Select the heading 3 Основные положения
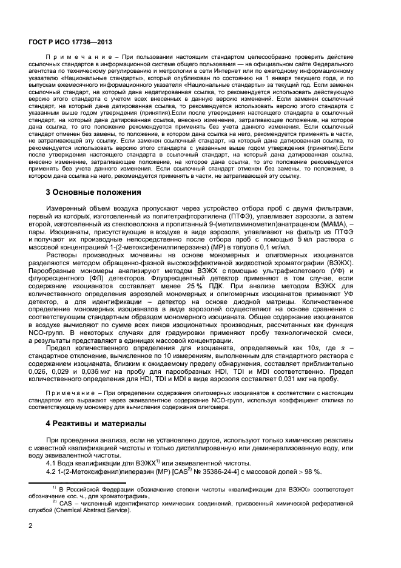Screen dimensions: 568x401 [93, 192]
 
